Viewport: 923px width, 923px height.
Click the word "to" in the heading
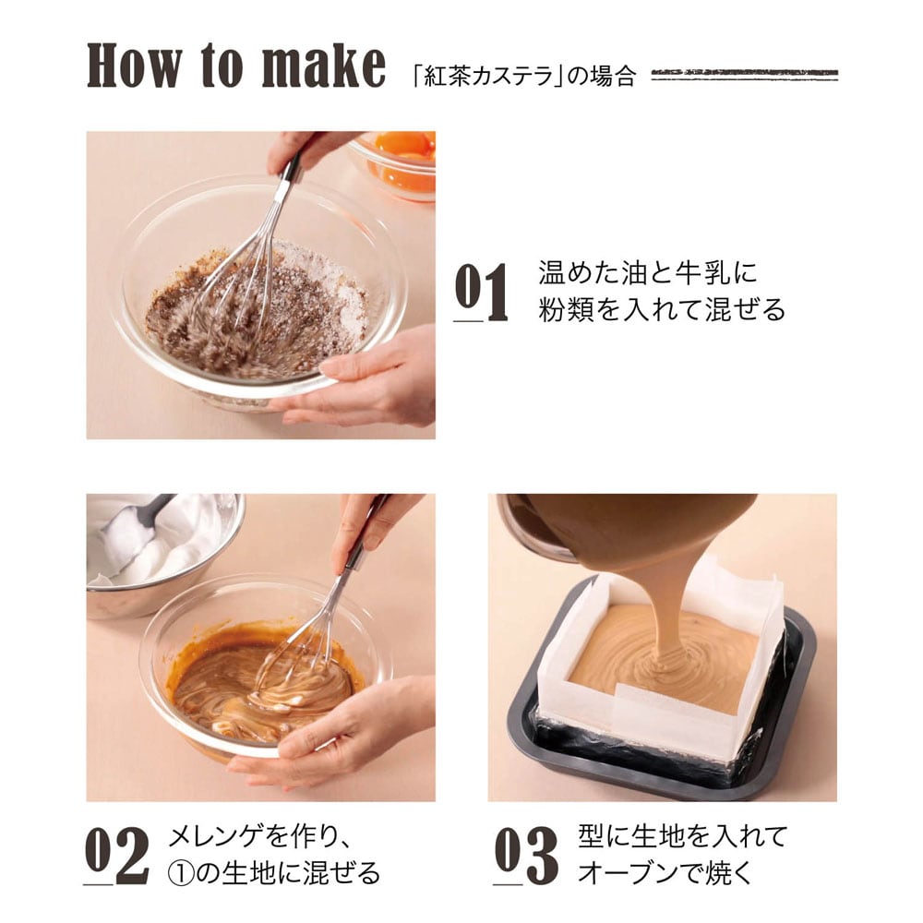(x=222, y=66)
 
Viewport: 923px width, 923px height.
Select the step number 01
(x=481, y=292)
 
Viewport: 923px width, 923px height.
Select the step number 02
(x=116, y=855)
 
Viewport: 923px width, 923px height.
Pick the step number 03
(x=526, y=855)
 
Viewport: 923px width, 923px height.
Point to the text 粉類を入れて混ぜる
(x=662, y=309)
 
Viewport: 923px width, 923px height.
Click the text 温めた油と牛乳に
(x=648, y=272)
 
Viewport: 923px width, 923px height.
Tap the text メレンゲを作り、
(x=259, y=836)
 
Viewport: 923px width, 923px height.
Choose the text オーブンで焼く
(x=665, y=872)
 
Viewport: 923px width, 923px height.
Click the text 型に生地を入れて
(x=683, y=836)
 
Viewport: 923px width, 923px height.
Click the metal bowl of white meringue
(x=159, y=553)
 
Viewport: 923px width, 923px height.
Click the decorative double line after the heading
(x=744, y=75)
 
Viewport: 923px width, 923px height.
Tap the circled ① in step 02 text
(x=181, y=873)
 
